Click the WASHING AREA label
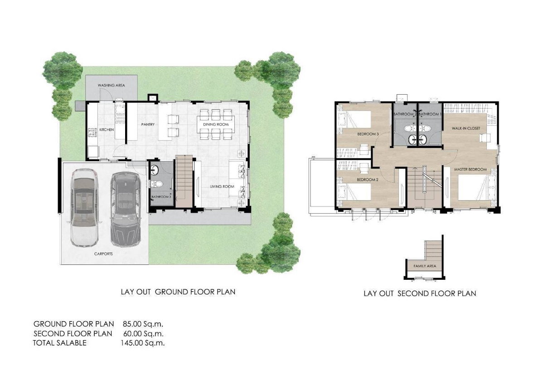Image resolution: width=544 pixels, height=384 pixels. coord(111,86)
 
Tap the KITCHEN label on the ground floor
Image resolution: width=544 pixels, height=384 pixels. coord(107,130)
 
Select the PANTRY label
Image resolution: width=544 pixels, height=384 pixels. coord(148,125)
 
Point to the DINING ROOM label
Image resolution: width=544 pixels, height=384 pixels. coord(216,125)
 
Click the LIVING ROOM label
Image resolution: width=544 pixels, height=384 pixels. coord(222,187)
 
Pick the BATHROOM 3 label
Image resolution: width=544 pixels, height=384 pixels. coord(161,197)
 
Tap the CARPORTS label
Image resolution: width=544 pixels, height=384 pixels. coord(103,254)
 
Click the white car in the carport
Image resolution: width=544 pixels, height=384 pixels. coord(84,208)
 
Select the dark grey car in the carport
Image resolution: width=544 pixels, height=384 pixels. coord(125,209)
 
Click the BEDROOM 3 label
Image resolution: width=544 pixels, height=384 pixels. coord(368,134)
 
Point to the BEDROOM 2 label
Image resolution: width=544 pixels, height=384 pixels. coord(368,180)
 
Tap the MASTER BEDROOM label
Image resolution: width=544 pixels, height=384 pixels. coord(471,169)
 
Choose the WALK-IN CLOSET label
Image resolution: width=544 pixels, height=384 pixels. coord(466,128)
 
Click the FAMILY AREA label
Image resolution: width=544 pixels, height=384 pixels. coord(425,266)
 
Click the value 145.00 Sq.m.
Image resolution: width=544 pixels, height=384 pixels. coord(142,343)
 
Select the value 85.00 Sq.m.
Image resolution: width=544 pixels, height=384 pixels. coord(143,324)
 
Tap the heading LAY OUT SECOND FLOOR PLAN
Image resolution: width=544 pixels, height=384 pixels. coord(420,293)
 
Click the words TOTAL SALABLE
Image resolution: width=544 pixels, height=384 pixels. coord(59,343)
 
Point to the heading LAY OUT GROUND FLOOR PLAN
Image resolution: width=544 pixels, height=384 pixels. coord(178,292)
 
